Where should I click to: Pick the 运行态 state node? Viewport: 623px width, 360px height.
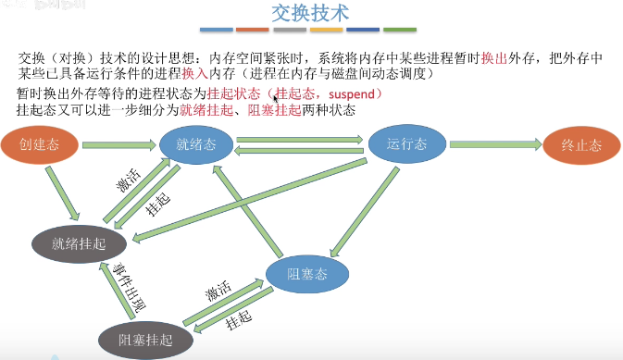click(403, 145)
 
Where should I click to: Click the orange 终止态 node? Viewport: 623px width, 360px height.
click(580, 145)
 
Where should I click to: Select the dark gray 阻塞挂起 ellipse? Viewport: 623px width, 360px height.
click(146, 340)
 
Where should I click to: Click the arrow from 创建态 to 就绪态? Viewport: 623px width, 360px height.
click(118, 145)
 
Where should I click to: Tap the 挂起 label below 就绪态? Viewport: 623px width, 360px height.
click(158, 206)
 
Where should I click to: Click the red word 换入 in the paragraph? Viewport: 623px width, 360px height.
click(194, 73)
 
